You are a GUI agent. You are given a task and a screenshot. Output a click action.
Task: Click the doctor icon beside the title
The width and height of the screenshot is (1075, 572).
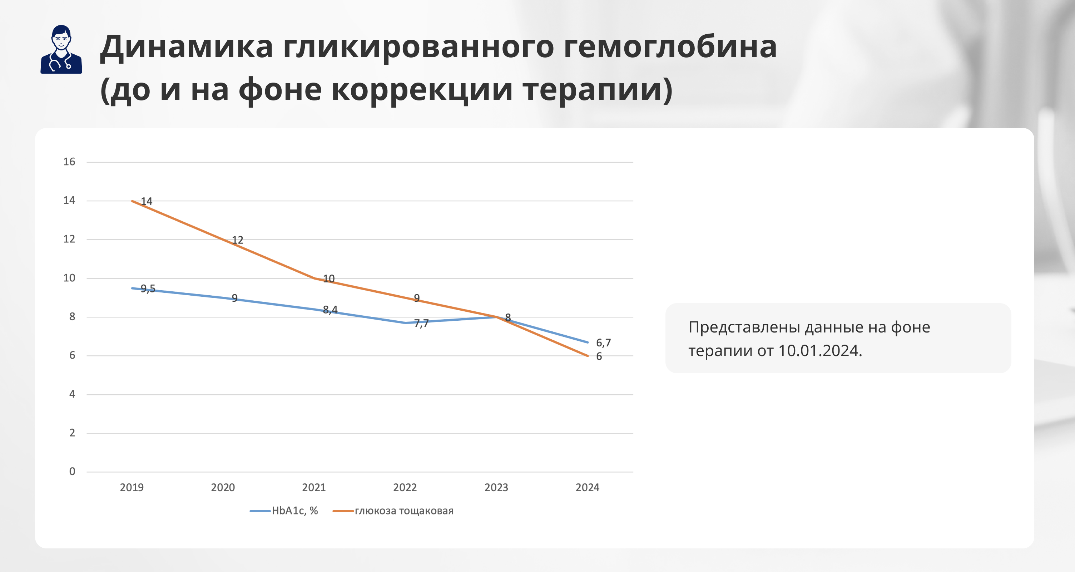[x=61, y=49]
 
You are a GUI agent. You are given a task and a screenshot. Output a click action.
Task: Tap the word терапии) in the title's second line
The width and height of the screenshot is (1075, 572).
[x=598, y=89]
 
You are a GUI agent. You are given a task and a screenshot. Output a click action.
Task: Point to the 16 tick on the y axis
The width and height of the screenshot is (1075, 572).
[x=69, y=162]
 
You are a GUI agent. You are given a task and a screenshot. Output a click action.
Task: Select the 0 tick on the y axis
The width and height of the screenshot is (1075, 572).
[x=72, y=472]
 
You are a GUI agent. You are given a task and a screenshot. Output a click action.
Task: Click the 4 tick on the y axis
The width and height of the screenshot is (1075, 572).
[x=72, y=394]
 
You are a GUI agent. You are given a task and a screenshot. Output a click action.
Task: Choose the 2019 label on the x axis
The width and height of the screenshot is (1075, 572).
[x=132, y=487]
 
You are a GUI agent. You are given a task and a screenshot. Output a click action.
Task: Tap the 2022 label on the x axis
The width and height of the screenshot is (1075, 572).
[x=405, y=487]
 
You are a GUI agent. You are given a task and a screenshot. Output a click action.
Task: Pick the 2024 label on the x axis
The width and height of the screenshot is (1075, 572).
[x=587, y=487]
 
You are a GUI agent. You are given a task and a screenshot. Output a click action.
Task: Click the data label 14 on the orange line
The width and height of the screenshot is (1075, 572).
[x=147, y=201]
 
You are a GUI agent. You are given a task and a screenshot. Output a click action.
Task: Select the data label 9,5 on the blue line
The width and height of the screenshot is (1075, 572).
[x=148, y=289]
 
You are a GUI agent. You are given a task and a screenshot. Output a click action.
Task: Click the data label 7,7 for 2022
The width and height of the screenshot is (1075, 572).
[x=421, y=323]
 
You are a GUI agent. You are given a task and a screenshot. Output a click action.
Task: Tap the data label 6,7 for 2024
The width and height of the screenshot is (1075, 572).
[x=603, y=343]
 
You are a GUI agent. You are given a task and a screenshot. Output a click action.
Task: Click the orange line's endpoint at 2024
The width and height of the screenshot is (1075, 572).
[x=588, y=356]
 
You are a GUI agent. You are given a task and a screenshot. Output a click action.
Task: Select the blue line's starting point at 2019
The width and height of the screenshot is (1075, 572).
[x=132, y=288]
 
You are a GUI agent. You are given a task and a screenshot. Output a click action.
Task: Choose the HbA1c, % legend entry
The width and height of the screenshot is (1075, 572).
[x=284, y=511]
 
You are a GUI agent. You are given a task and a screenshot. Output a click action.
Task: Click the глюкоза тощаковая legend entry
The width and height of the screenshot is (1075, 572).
[x=393, y=511]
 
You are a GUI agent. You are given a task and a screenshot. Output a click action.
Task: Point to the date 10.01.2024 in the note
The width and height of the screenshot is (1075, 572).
[x=820, y=351]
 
